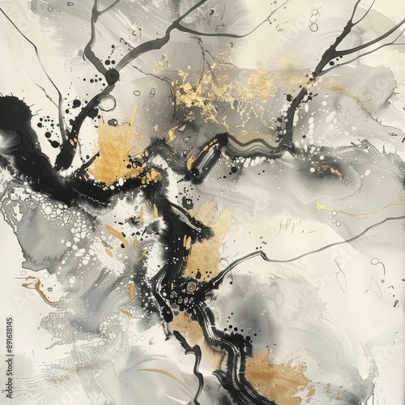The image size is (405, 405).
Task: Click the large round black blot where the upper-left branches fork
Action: click(111, 76)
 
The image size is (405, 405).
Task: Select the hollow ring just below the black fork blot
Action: click(106, 102)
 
